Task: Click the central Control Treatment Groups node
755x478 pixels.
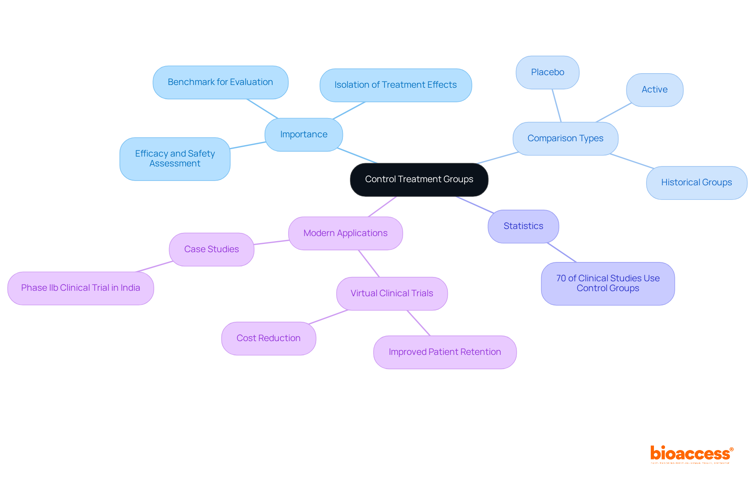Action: (x=419, y=179)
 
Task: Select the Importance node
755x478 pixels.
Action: (x=304, y=135)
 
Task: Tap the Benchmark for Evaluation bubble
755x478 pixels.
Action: (x=220, y=82)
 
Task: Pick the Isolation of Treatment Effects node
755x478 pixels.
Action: (x=395, y=85)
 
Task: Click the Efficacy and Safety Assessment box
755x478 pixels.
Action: (x=175, y=159)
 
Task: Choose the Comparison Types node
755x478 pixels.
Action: (x=565, y=138)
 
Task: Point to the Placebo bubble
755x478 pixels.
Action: (x=547, y=72)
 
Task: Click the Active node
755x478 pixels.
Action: (x=654, y=90)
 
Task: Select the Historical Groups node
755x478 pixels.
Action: (x=696, y=183)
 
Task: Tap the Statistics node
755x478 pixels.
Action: (x=523, y=226)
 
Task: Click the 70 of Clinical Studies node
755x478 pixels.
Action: (x=608, y=283)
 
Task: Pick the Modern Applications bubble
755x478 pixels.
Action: (x=345, y=233)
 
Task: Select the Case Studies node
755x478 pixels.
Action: (x=212, y=249)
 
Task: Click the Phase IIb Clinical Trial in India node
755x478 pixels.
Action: (x=81, y=288)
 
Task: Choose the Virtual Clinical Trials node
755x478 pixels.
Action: (x=392, y=293)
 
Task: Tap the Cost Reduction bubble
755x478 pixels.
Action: (x=268, y=338)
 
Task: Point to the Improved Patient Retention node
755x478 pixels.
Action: (x=445, y=352)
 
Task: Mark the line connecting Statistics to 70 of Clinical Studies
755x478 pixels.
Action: (x=562, y=252)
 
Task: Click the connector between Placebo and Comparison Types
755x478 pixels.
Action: (x=556, y=105)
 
